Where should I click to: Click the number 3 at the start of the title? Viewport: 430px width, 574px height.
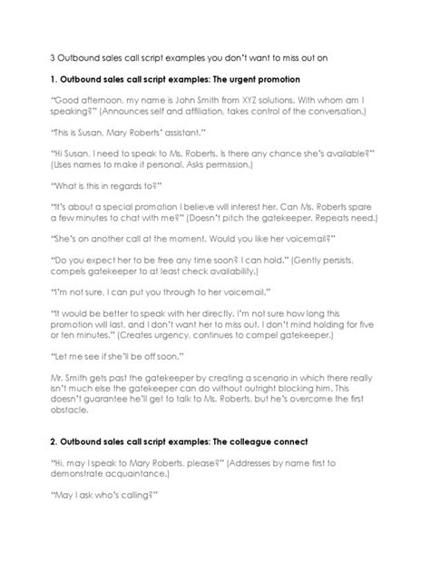coord(52,56)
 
